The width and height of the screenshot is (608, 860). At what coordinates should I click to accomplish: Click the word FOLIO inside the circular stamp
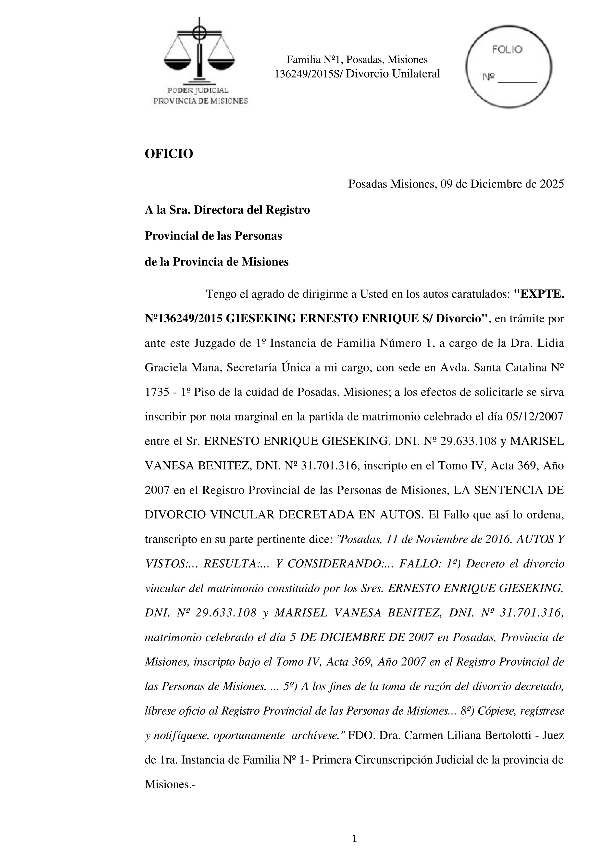pyautogui.click(x=507, y=50)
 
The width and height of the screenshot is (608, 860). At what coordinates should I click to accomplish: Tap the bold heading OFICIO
pyautogui.click(x=169, y=153)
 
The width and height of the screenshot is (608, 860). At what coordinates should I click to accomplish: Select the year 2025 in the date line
pyautogui.click(x=551, y=184)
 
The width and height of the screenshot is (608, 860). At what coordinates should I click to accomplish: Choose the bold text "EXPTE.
pyautogui.click(x=538, y=294)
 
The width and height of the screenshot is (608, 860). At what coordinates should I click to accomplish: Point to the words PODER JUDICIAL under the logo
pyautogui.click(x=198, y=90)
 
